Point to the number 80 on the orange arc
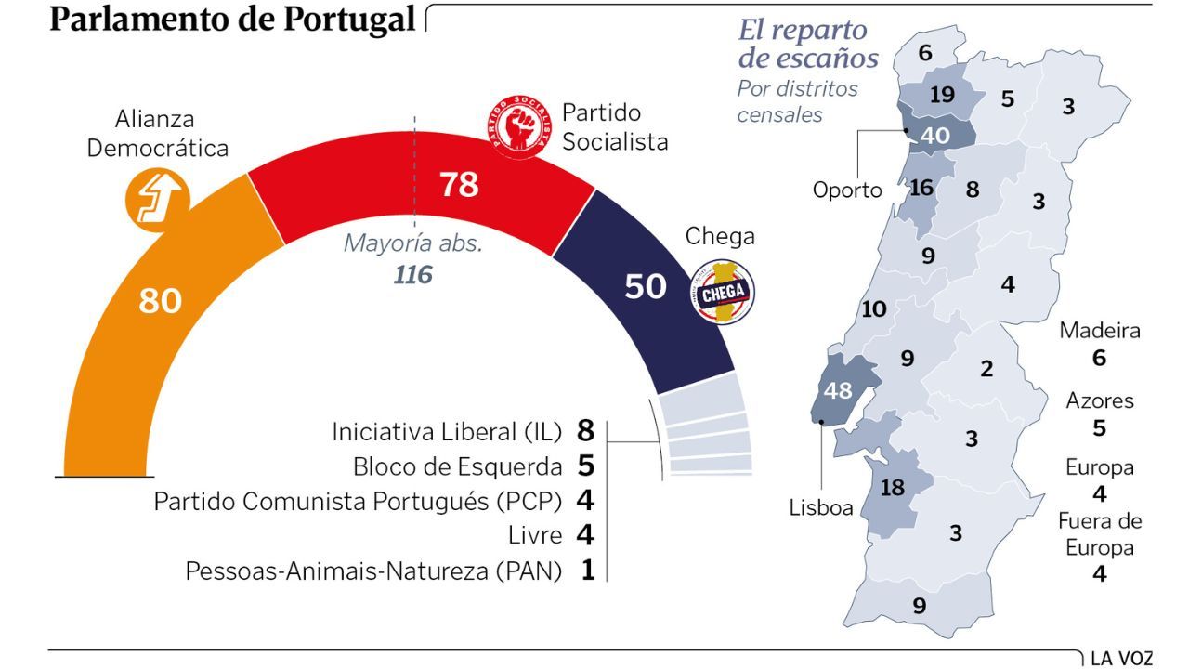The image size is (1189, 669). coord(161,301)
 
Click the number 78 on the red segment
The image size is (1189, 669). coord(459,185)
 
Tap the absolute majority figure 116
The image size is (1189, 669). coord(413,275)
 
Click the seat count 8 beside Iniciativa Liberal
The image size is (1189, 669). coord(584,431)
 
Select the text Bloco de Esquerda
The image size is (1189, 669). coord(458,466)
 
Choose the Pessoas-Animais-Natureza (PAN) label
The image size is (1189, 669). coord(373,571)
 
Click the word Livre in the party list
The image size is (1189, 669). coord(536,536)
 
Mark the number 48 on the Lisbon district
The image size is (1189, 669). coord(839,390)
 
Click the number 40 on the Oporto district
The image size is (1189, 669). coord(934,136)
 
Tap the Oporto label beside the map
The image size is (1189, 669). coord(847,190)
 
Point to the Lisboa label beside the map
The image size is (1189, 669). coord(821,508)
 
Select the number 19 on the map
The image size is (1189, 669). coord(942,95)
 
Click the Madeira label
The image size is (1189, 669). coord(1100,331)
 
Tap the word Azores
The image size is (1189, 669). coord(1100,401)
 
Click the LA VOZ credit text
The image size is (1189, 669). coord(1122,659)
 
